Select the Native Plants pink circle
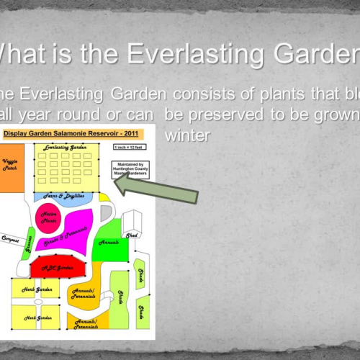[50, 217]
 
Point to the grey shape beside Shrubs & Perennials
[108, 213]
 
